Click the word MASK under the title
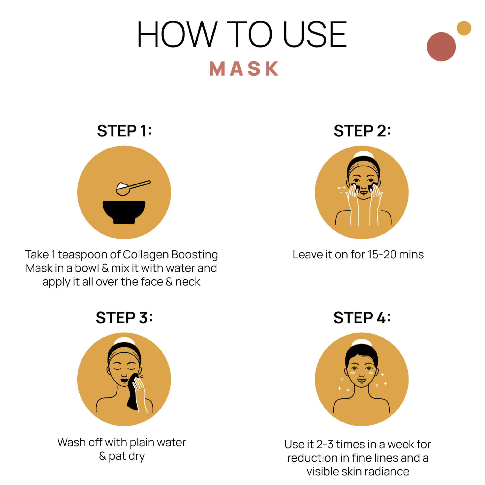[x=244, y=68]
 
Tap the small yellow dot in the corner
[x=464, y=28]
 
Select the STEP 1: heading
[x=124, y=131]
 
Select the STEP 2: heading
[x=362, y=131]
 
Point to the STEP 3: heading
[x=124, y=318]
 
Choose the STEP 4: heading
[x=362, y=318]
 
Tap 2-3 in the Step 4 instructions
[x=325, y=444]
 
